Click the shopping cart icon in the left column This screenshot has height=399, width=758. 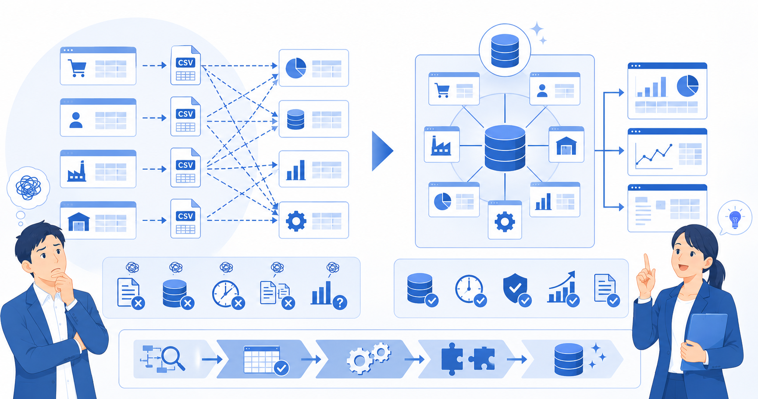[x=77, y=68]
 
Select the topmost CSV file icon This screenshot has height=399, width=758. [x=185, y=65]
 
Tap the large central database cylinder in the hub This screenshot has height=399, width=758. [x=505, y=148]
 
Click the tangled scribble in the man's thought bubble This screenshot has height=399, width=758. [x=28, y=187]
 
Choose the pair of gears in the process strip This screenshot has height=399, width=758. [x=368, y=358]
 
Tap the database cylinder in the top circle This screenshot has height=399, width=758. [x=505, y=51]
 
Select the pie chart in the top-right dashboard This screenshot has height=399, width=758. [x=687, y=85]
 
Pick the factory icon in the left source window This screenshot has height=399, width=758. [x=77, y=171]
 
